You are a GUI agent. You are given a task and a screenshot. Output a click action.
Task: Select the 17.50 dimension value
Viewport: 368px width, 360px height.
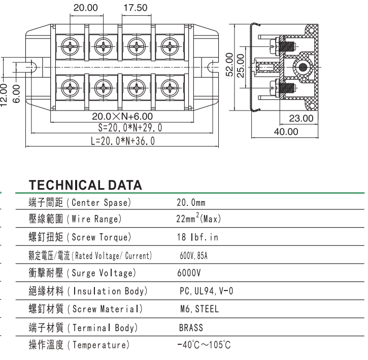pyautogui.click(x=136, y=9)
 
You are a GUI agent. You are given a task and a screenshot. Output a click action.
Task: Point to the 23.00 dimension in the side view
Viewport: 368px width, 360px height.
pyautogui.click(x=300, y=119)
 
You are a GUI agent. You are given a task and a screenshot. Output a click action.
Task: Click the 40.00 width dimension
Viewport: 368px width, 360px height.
pyautogui.click(x=286, y=132)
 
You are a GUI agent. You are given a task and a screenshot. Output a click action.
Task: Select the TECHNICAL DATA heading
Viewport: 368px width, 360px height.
pyautogui.click(x=85, y=185)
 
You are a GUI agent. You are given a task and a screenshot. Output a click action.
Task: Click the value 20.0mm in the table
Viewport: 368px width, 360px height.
pyautogui.click(x=190, y=203)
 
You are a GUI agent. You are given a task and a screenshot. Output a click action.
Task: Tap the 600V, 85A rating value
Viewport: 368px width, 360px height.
pyautogui.click(x=193, y=256)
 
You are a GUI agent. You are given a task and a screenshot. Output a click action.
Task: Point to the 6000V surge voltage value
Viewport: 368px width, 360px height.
pyautogui.click(x=189, y=273)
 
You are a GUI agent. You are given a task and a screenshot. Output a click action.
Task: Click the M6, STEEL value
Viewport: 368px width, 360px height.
pyautogui.click(x=199, y=309)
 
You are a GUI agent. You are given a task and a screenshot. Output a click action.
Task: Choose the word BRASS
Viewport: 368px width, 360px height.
pyautogui.click(x=191, y=328)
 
